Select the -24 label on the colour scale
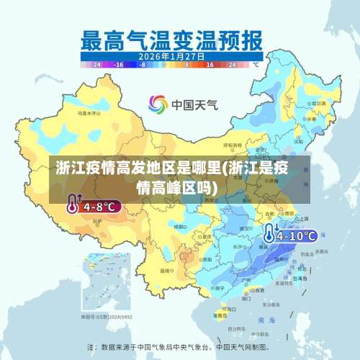point(96,64)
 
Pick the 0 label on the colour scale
point(165,64)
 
